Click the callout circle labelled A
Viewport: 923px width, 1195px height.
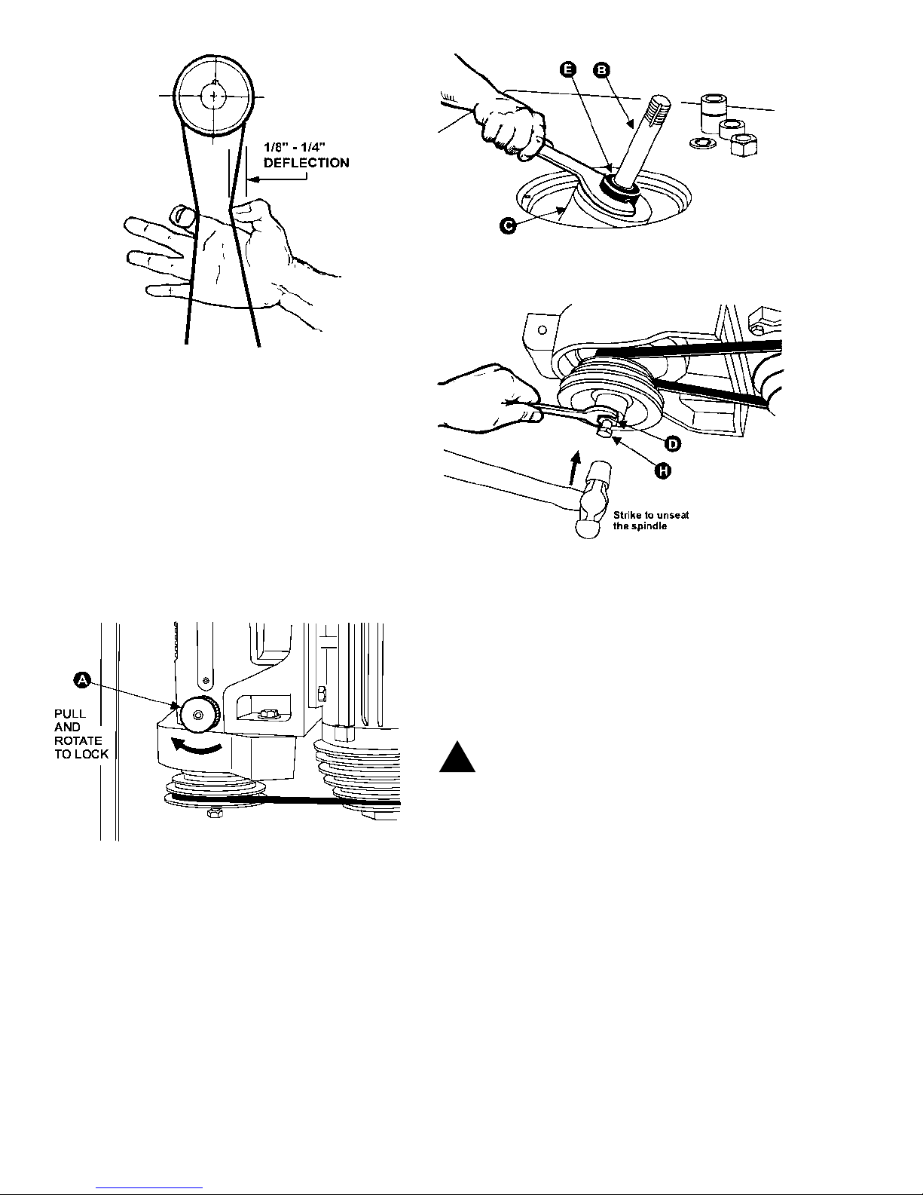pos(82,680)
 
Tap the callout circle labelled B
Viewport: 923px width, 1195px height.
pos(601,70)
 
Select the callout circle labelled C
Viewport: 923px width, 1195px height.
pos(508,225)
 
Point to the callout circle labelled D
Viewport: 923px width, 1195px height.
pos(673,444)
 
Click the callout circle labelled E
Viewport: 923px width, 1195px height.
pos(568,69)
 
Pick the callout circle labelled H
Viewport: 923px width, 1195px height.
pos(663,470)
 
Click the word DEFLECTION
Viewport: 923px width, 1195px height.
pos(307,163)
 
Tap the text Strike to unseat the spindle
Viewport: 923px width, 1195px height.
pos(651,520)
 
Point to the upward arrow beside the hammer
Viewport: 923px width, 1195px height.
pos(575,468)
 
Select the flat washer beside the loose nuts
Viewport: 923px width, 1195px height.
pos(701,143)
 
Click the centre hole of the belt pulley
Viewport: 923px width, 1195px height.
pos(214,97)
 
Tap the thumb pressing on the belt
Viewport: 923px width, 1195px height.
pos(182,216)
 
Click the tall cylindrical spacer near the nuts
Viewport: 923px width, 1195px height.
pos(714,112)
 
